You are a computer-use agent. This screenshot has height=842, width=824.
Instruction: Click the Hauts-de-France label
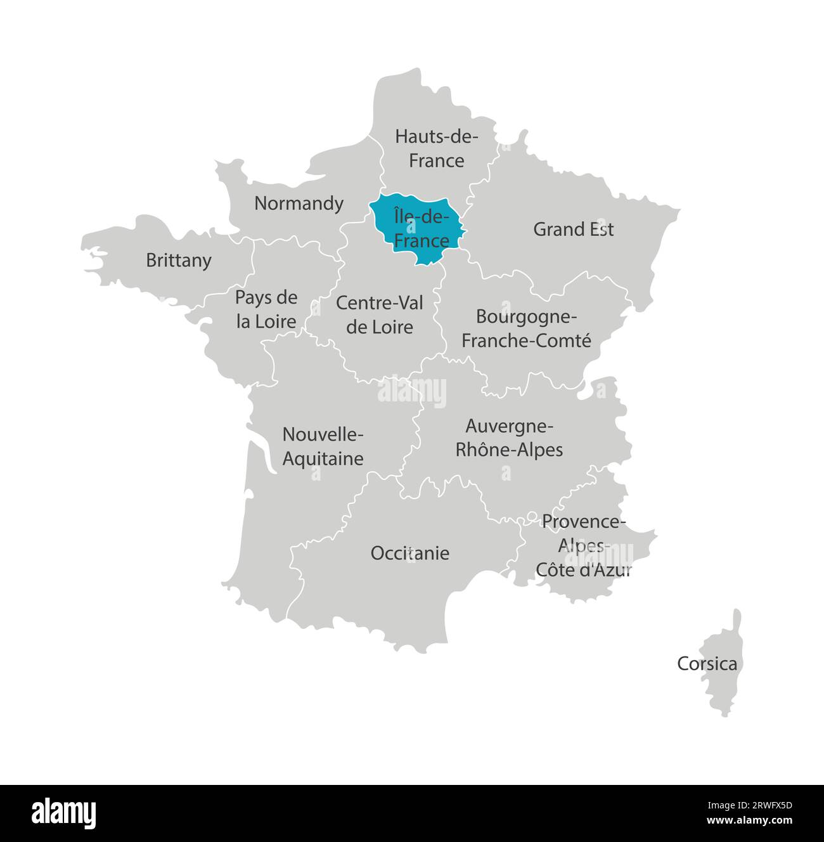tap(436, 148)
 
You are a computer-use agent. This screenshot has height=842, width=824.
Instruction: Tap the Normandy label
tap(299, 204)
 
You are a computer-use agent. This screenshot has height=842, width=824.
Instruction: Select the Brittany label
tap(179, 261)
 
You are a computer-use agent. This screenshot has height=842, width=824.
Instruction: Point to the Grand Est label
tap(573, 229)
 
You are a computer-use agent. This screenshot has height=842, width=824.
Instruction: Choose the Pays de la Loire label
tap(266, 309)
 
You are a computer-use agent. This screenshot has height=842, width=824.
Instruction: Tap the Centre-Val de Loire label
tap(380, 314)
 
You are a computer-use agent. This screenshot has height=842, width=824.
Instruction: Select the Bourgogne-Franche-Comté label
tap(526, 328)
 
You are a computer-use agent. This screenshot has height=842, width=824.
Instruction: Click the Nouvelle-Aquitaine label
tap(323, 446)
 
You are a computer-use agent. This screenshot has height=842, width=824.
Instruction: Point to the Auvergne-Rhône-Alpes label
tap(510, 437)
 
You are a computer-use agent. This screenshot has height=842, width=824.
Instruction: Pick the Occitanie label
tap(410, 554)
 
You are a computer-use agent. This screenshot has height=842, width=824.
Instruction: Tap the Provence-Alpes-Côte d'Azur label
tap(583, 545)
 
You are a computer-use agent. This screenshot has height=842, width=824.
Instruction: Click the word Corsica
tap(707, 664)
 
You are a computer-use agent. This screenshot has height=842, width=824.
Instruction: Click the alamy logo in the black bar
tap(64, 813)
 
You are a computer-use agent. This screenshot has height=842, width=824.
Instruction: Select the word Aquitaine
tap(323, 458)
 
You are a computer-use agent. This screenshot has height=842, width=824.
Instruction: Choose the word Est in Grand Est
tap(600, 229)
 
